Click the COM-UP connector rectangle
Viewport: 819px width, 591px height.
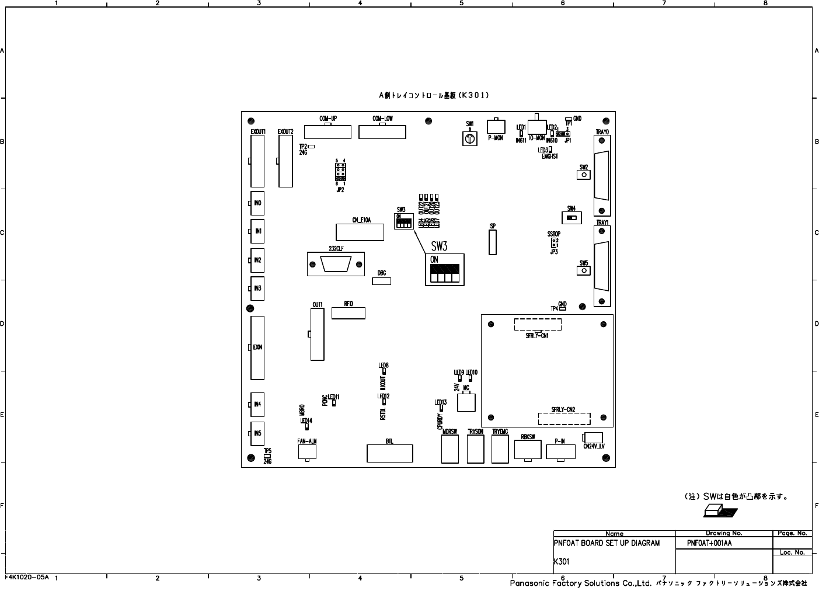click(x=327, y=131)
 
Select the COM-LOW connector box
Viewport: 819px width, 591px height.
click(x=382, y=131)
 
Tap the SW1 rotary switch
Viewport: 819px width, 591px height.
click(x=469, y=138)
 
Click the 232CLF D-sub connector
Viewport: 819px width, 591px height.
click(x=336, y=264)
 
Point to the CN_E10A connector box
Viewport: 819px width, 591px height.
click(x=360, y=232)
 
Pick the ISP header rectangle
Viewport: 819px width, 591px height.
click(x=493, y=242)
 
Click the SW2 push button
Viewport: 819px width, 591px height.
click(x=584, y=175)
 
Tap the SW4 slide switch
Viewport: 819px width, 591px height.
click(x=571, y=218)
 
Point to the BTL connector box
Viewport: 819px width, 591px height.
click(x=389, y=453)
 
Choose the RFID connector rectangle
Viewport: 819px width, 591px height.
click(x=348, y=312)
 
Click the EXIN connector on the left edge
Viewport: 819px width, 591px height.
click(x=257, y=347)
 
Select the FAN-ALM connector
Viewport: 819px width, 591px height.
click(x=307, y=451)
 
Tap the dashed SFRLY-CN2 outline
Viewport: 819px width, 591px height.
click(x=563, y=418)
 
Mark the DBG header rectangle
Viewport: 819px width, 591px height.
click(x=381, y=281)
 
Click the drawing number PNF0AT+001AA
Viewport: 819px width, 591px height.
click(x=709, y=543)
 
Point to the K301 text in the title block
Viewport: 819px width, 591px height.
click(x=562, y=562)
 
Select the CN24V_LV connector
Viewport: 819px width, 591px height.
click(x=593, y=437)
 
